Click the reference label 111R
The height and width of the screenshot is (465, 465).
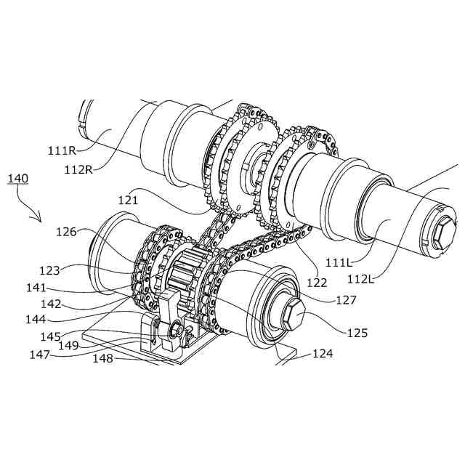coord(62,150)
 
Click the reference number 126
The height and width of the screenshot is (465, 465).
coord(66,232)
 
